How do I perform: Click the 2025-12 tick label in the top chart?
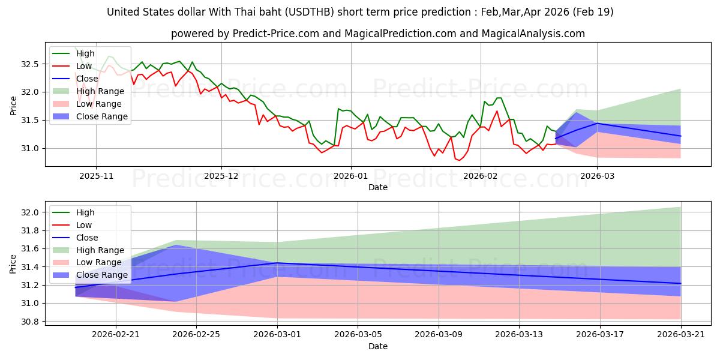pyautogui.click(x=221, y=176)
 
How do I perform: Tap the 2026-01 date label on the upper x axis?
pyautogui.click(x=351, y=176)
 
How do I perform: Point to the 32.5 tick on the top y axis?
pyautogui.click(x=30, y=64)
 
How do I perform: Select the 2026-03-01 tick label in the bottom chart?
pyautogui.click(x=277, y=335)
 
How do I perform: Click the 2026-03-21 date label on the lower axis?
pyautogui.click(x=681, y=335)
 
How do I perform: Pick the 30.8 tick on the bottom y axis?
pyautogui.click(x=30, y=322)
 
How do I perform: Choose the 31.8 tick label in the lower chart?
pyautogui.click(x=30, y=231)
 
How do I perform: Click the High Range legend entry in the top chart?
pyautogui.click(x=88, y=91)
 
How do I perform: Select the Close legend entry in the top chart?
pyautogui.click(x=75, y=79)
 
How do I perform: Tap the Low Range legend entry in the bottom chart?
pyautogui.click(x=87, y=263)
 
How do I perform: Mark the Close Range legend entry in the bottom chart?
pyautogui.click(x=90, y=275)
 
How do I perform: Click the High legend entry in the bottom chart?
pyautogui.click(x=74, y=212)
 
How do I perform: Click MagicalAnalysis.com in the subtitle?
pyautogui.click(x=533, y=34)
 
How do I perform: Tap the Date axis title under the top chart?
pyautogui.click(x=378, y=187)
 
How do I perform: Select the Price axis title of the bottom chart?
pyautogui.click(x=13, y=264)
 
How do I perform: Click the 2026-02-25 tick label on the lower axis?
pyautogui.click(x=196, y=335)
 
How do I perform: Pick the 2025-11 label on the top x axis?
pyautogui.click(x=97, y=176)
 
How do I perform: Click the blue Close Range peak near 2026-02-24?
pyautogui.click(x=176, y=245)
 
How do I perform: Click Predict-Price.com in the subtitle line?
pyautogui.click(x=276, y=34)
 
